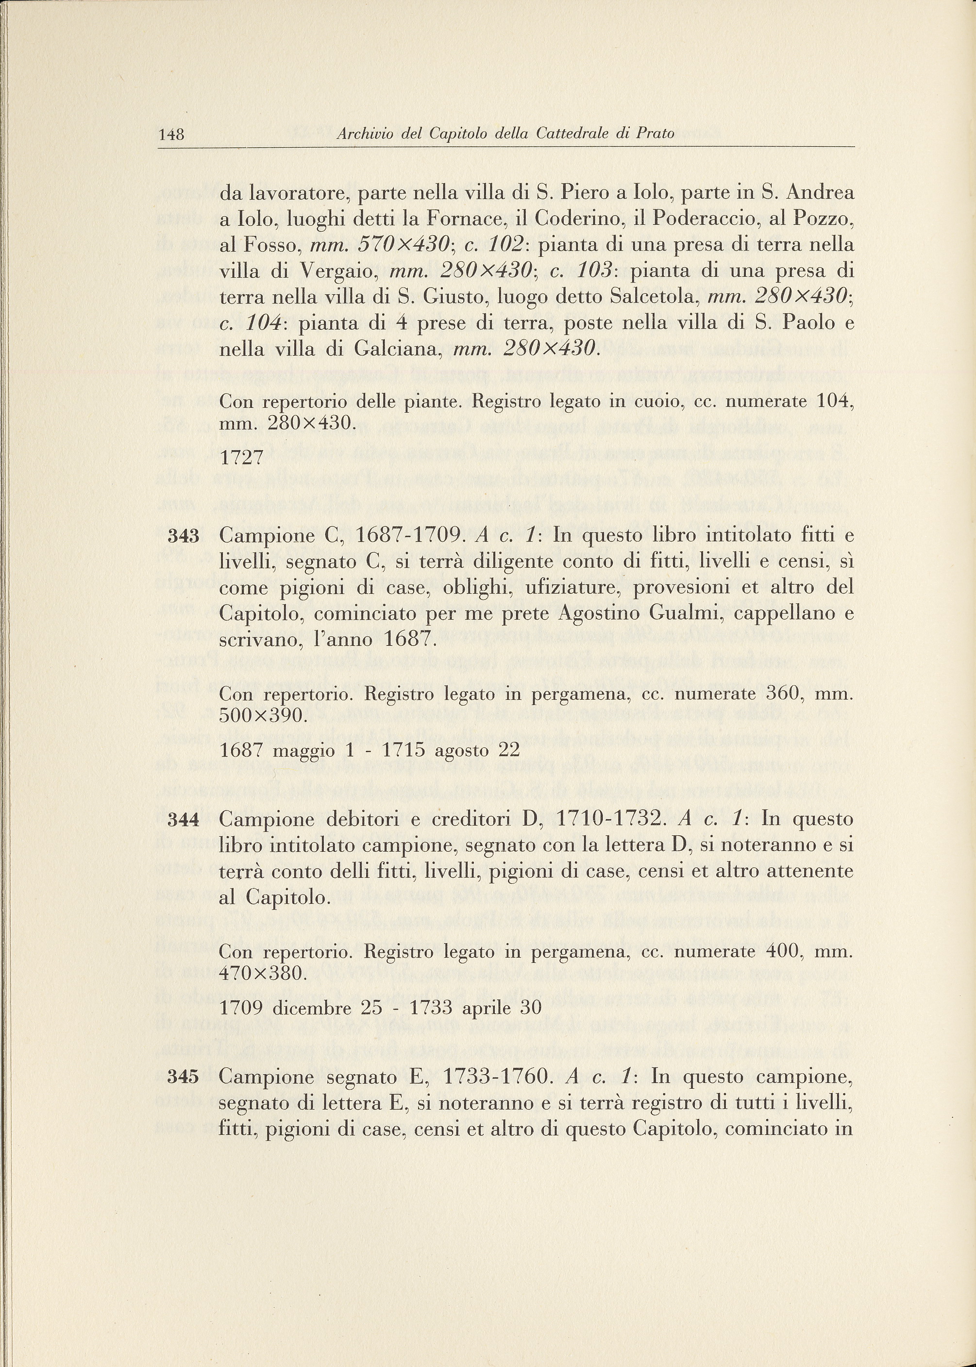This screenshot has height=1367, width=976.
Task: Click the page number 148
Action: (171, 135)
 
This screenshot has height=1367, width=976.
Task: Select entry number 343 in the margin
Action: (183, 537)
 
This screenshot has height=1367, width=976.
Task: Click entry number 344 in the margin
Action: (183, 820)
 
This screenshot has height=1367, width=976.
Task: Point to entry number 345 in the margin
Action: (183, 1078)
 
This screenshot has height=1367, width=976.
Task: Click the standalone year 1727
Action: (242, 458)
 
